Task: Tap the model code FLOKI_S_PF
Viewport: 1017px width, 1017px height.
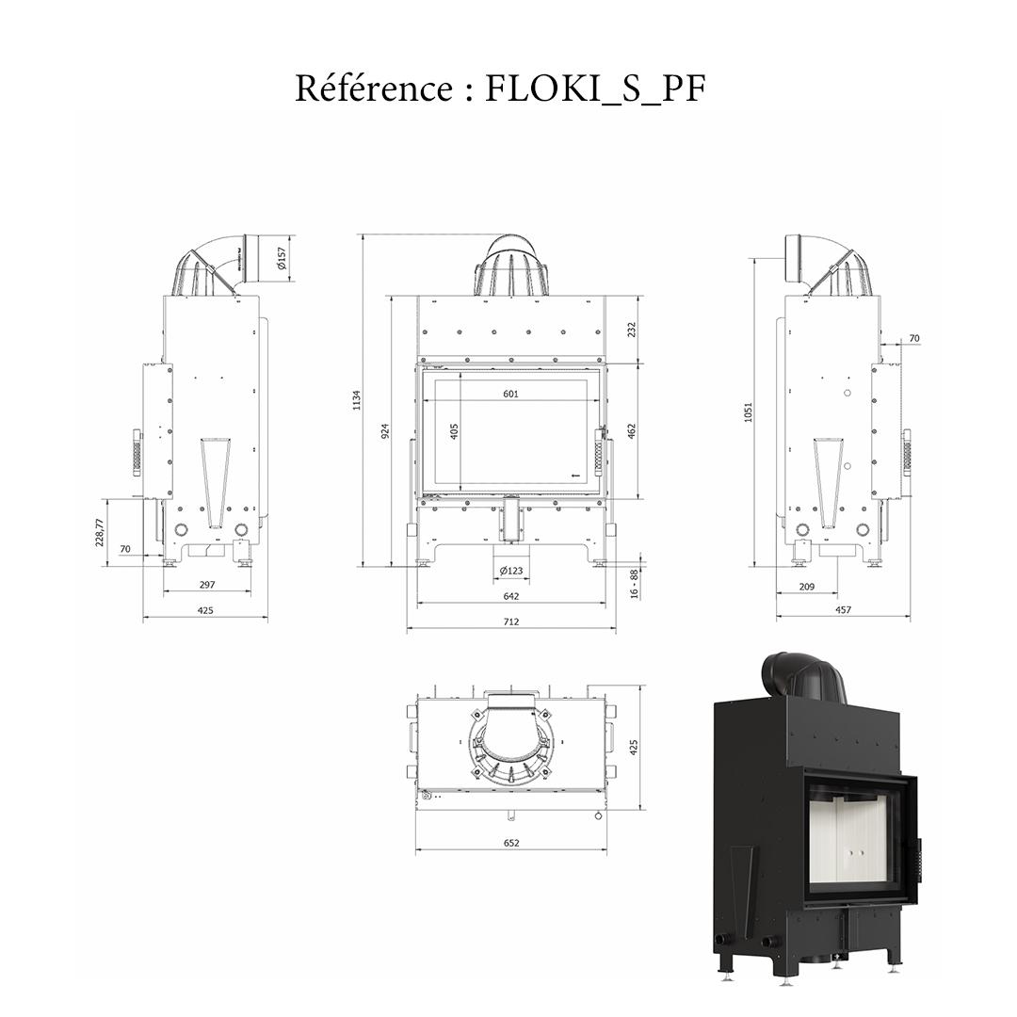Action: click(595, 89)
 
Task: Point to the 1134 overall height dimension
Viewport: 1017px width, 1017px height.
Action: click(357, 401)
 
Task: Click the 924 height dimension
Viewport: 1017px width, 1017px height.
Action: click(385, 432)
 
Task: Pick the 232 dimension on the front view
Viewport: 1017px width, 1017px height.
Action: click(632, 330)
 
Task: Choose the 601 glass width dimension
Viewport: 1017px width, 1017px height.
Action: click(510, 394)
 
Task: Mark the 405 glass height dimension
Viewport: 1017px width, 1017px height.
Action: click(454, 432)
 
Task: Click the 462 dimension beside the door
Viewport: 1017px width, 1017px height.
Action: click(632, 430)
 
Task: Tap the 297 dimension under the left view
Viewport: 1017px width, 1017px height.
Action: click(207, 585)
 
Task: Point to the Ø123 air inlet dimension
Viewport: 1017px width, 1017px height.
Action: click(511, 571)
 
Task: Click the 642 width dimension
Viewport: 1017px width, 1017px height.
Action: click(511, 596)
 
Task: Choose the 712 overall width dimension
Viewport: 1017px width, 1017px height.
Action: click(511, 621)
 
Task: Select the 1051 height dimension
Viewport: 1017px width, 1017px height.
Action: click(748, 412)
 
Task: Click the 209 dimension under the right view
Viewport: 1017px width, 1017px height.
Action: click(806, 587)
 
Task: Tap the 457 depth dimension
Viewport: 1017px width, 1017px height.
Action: click(843, 610)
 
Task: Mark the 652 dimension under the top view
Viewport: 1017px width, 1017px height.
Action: click(511, 843)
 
